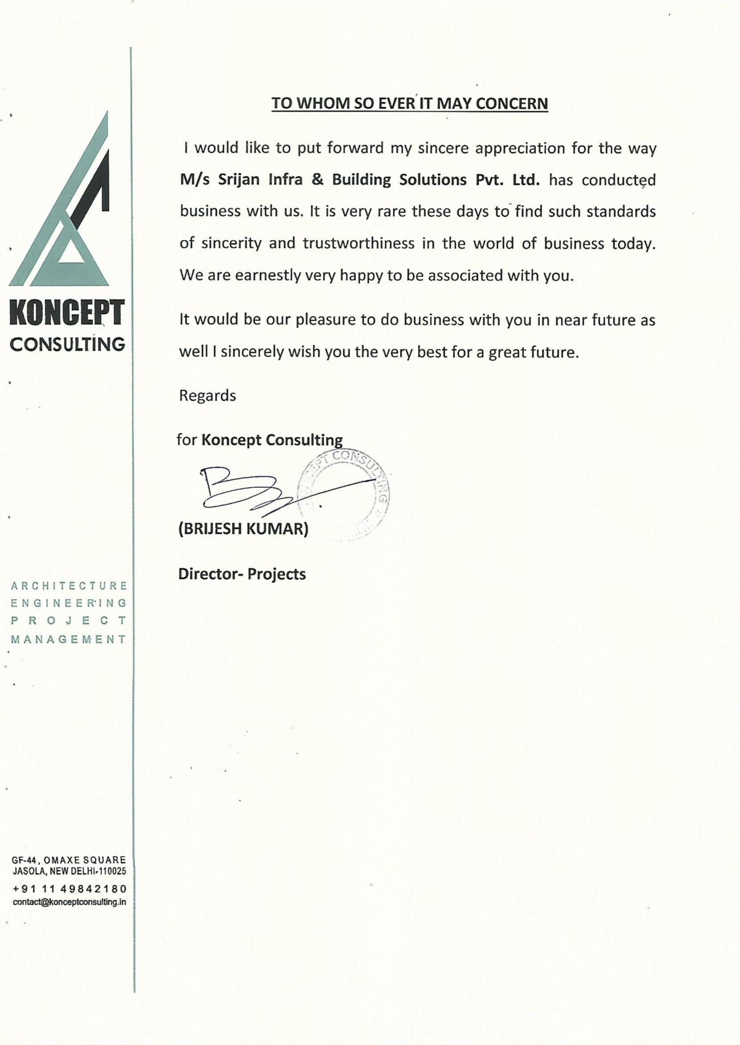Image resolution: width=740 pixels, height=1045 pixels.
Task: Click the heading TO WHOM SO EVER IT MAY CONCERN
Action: click(x=409, y=104)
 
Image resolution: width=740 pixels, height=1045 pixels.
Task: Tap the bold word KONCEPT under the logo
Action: click(x=67, y=314)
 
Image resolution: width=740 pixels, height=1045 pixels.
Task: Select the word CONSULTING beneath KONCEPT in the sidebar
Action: click(x=68, y=344)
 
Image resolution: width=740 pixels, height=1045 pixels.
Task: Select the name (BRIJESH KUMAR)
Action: click(x=243, y=529)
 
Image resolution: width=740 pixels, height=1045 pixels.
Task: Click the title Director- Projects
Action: click(x=242, y=574)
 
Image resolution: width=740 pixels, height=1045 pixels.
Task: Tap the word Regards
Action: click(x=207, y=395)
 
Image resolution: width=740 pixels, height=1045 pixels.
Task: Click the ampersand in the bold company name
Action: click(x=318, y=180)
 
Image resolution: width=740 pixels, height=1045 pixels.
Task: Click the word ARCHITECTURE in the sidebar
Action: click(x=69, y=586)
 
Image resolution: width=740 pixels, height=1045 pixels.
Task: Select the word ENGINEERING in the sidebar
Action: click(x=69, y=603)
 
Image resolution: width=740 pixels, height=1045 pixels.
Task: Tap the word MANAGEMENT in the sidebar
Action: click(x=69, y=639)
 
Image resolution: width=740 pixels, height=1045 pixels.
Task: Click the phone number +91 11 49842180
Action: click(x=69, y=888)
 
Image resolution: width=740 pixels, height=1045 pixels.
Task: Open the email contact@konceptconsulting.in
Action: click(x=69, y=902)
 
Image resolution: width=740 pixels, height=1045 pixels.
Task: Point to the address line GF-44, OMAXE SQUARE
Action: click(x=69, y=860)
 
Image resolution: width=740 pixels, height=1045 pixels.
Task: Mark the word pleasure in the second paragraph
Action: click(x=326, y=319)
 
